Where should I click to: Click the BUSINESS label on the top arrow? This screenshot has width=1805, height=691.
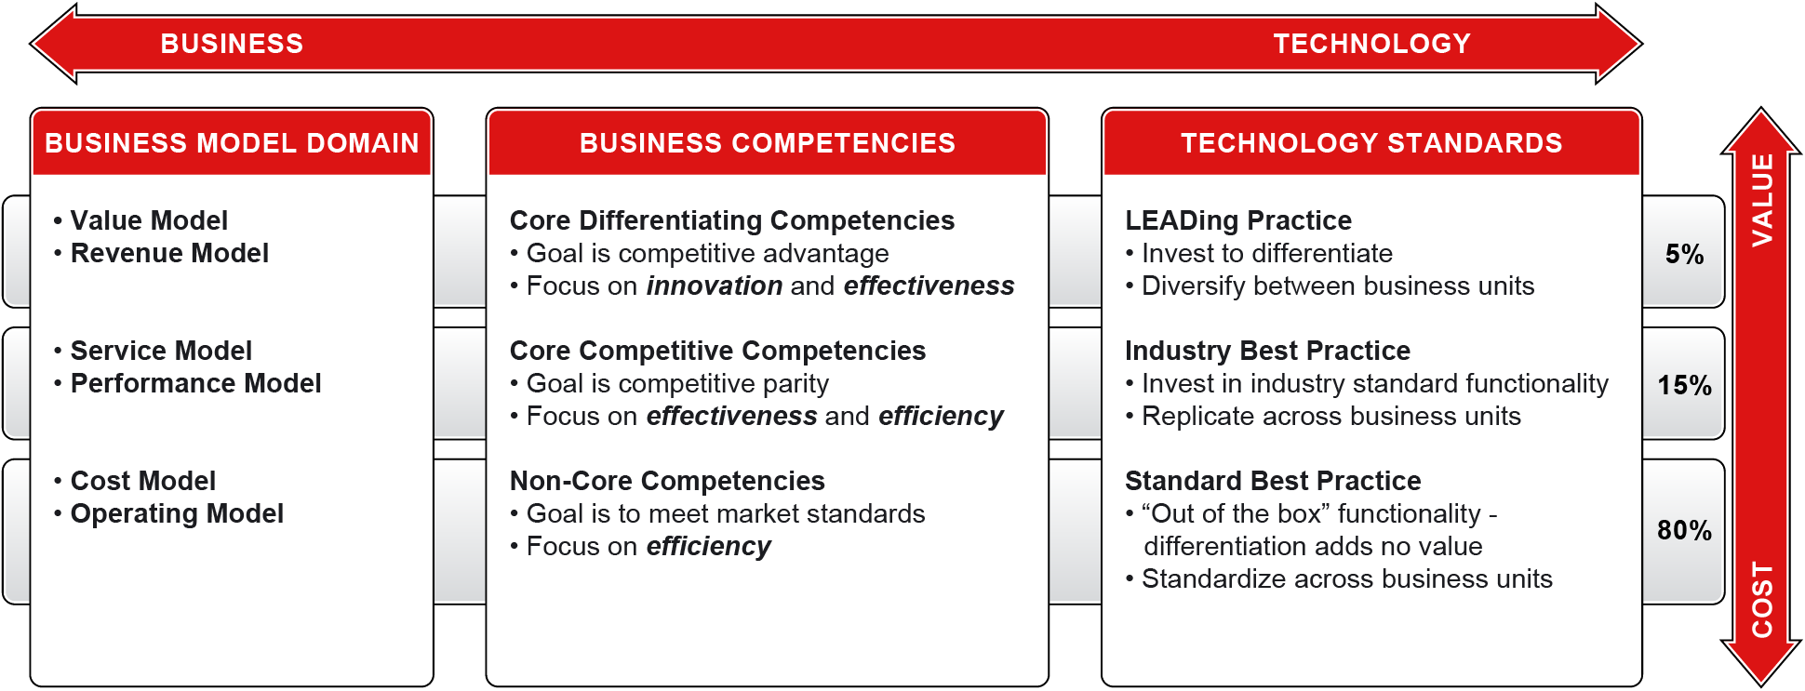(x=232, y=44)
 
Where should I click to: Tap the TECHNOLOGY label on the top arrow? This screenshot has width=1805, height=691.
(x=1371, y=44)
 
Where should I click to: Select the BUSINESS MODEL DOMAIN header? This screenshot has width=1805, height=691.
(x=232, y=143)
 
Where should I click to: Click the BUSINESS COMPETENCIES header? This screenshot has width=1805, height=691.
(x=767, y=143)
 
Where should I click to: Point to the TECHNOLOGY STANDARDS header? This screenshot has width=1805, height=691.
(x=1371, y=143)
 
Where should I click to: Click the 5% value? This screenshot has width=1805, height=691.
(x=1684, y=255)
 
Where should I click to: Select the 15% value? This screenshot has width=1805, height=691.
(x=1684, y=386)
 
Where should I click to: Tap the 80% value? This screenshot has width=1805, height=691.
(x=1684, y=531)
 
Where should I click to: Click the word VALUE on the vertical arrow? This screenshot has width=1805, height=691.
(x=1762, y=200)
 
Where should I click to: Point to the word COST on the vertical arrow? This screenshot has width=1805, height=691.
(x=1762, y=600)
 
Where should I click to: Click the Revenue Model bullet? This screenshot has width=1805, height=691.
(x=161, y=254)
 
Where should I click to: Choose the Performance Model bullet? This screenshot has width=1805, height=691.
(x=187, y=384)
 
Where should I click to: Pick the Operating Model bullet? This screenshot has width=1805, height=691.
(x=168, y=514)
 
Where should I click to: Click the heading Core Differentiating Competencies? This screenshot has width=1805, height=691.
(x=732, y=221)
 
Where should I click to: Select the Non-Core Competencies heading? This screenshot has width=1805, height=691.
(x=667, y=481)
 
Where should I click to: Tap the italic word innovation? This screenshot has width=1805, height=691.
(x=715, y=286)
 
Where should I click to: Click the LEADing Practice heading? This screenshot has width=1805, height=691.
(x=1238, y=221)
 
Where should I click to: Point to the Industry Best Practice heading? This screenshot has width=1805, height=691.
(x=1267, y=352)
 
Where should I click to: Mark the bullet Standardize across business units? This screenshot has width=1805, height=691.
(x=1339, y=579)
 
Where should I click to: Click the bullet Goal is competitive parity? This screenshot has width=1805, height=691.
(x=669, y=384)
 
